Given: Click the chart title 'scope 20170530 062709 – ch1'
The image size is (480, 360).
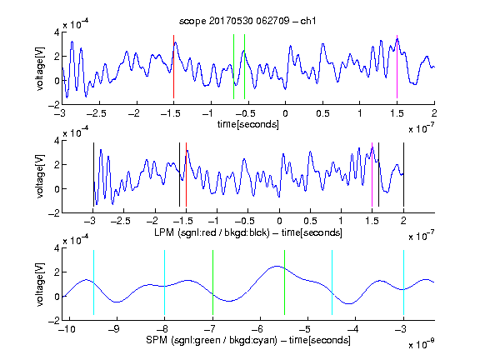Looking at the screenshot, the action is pos(247,21).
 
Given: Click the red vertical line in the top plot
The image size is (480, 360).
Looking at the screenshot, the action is pos(173,67).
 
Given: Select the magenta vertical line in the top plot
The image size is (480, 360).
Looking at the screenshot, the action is pos(397,67).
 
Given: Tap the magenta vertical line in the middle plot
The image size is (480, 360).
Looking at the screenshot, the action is pos(372,174).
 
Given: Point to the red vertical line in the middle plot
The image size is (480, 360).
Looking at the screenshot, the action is pos(186,174).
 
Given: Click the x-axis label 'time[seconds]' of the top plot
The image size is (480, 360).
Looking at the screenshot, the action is pos(248,124).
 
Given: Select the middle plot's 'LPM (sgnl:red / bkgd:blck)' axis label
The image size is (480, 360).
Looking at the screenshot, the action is pos(212,232).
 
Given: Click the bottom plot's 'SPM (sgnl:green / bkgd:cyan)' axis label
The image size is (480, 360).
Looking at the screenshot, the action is pos(212,340).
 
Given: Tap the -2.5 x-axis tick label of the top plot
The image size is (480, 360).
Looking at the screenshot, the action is pos(97,113).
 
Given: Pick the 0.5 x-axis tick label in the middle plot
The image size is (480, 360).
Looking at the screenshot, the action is pos(310,221).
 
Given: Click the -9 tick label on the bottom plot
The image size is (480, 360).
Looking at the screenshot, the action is pos(114,329).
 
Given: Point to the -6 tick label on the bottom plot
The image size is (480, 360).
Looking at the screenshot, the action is pos(257,329).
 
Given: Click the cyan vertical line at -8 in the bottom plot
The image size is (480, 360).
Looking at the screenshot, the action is pos(165,282).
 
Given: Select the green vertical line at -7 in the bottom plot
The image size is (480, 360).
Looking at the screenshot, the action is pos(212,282).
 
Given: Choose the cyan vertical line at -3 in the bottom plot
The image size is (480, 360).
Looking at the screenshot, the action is pos(403,282).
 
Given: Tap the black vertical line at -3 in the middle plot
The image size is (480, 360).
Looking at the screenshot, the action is pos(93,174).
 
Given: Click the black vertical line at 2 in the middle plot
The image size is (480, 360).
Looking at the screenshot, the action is pos(403,174).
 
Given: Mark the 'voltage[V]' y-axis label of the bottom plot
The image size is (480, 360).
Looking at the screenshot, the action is pos(40,284).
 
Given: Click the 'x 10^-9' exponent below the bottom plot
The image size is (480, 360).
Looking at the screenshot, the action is pos(422,344).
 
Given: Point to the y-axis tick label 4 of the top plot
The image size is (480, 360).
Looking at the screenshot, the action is pos(57,32).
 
